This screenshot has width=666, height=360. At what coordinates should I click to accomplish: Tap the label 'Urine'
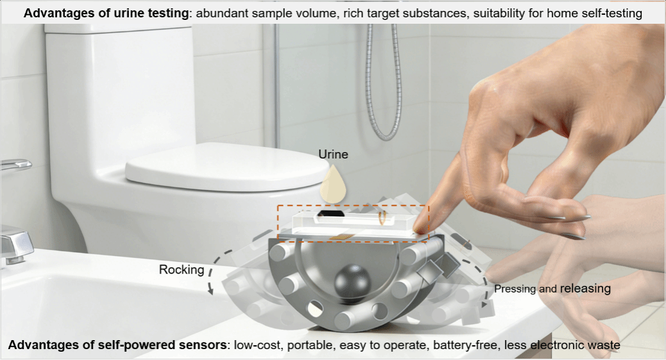[x=334, y=154]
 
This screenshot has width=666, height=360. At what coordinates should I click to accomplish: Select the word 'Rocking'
[x=182, y=270]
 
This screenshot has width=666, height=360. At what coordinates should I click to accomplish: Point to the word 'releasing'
[x=585, y=288]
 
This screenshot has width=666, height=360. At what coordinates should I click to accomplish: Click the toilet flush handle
[x=15, y=164]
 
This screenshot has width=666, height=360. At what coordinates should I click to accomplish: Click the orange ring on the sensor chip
[x=382, y=217]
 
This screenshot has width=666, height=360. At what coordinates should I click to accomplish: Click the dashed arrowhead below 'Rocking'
[x=210, y=290]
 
